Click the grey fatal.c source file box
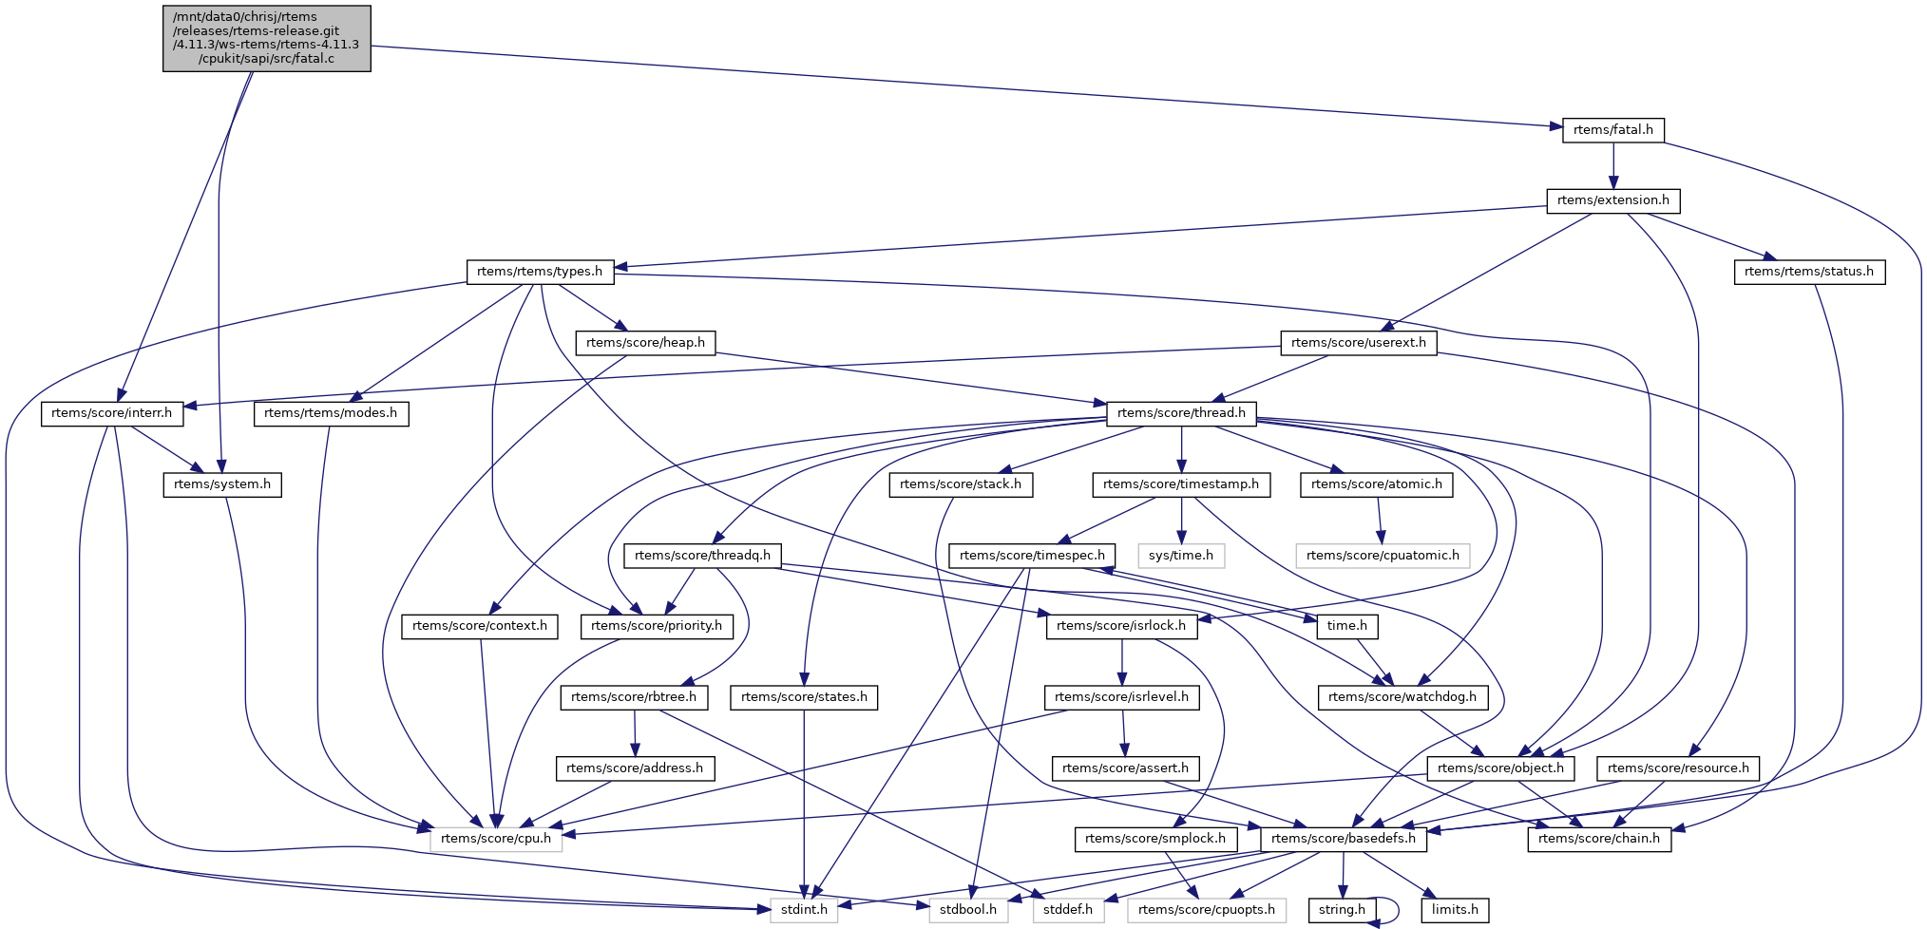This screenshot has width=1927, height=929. click(266, 38)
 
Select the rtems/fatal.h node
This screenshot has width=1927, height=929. click(1612, 130)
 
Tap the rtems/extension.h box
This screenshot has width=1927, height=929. click(1612, 200)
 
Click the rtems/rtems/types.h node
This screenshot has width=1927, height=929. click(540, 272)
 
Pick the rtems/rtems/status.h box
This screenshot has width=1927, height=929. click(1808, 272)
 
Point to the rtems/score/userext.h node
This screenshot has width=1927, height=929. click(1358, 343)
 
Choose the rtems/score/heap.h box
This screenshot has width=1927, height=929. click(645, 343)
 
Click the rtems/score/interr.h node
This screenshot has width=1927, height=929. click(111, 413)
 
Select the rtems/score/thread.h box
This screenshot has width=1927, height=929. click(1181, 413)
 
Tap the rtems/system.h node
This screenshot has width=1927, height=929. click(221, 484)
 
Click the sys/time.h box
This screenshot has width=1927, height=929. click(1180, 556)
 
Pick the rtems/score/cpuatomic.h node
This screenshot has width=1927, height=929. click(1383, 556)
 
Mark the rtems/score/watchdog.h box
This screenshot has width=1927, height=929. click(1402, 697)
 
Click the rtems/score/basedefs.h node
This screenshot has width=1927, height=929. click(1343, 839)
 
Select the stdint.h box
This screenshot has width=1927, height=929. click(804, 910)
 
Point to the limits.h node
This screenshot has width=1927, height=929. click(1455, 910)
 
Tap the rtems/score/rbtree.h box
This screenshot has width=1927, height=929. click(634, 697)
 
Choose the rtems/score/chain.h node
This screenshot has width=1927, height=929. click(1598, 839)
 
